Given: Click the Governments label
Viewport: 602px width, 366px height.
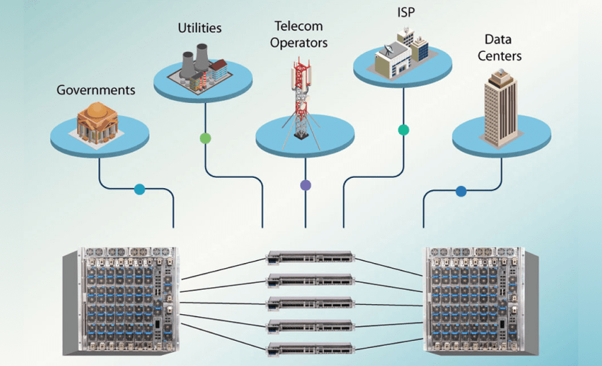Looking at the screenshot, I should (x=96, y=91).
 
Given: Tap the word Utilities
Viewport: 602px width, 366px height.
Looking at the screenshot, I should (x=200, y=29).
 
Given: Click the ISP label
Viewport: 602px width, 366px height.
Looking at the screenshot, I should (x=406, y=12).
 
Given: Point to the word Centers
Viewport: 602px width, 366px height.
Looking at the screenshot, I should (x=502, y=54).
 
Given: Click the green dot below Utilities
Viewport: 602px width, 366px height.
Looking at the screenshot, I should (x=205, y=138).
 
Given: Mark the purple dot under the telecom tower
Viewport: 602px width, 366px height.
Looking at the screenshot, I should (x=305, y=185).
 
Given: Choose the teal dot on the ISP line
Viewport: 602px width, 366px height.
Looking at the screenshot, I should (x=403, y=130).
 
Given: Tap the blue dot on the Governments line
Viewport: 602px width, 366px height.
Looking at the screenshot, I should (x=140, y=189).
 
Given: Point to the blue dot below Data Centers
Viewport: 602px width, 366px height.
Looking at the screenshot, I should (x=461, y=192).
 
